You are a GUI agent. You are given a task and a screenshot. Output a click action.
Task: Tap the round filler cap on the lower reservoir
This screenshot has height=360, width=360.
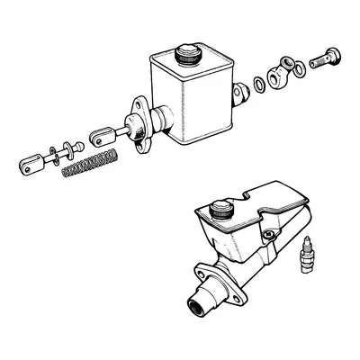219,213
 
